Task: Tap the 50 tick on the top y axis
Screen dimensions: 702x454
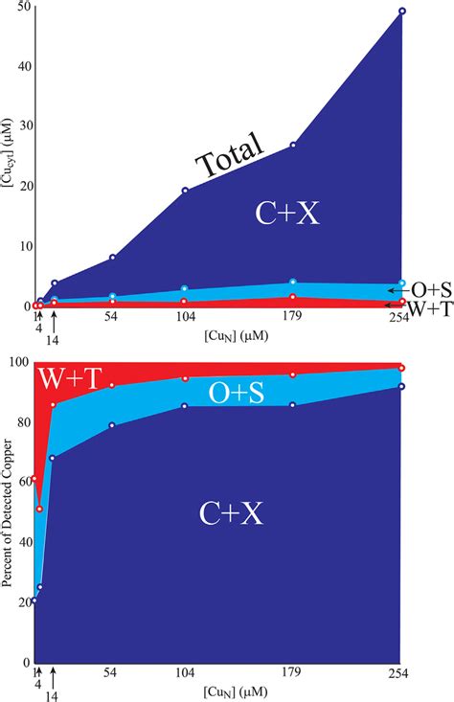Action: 24,7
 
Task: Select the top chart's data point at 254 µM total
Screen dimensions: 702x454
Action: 401,11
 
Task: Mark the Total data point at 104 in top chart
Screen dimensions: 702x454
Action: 185,190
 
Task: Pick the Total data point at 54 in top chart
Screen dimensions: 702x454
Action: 113,258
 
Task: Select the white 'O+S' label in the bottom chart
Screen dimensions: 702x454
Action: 237,393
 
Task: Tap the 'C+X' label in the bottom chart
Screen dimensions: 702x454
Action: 226,513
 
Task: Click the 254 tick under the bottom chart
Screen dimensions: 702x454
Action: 399,673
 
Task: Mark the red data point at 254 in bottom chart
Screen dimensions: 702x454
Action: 401,368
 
